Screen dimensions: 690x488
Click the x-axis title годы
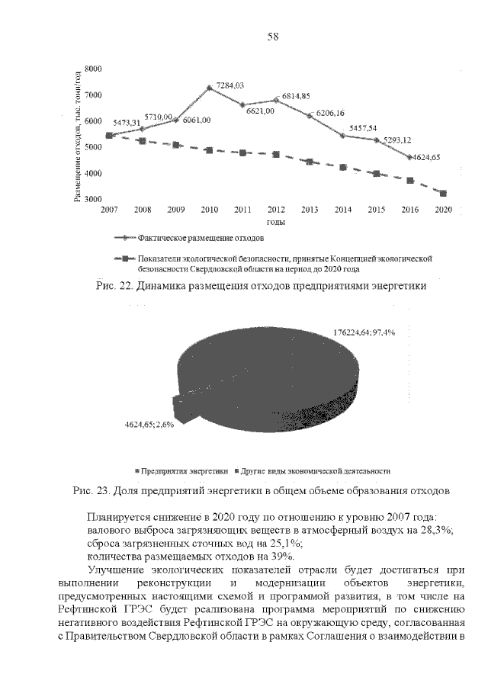tap(275, 222)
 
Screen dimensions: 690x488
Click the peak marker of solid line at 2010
tap(209, 88)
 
